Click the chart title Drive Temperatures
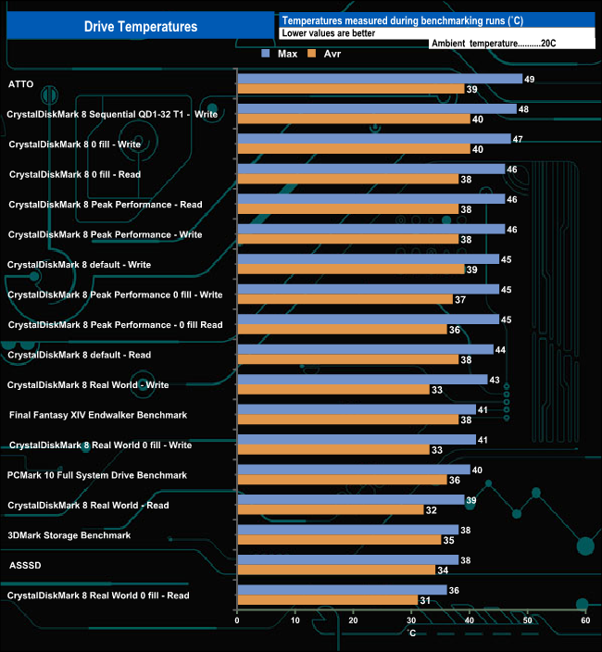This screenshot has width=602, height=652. pos(141,27)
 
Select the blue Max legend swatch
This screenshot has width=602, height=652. pos(266,54)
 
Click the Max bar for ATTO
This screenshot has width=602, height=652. pos(379,79)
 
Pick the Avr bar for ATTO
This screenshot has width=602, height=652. pos(350,89)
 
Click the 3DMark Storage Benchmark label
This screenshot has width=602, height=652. pos(69,535)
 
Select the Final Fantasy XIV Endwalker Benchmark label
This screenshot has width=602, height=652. pos(98,415)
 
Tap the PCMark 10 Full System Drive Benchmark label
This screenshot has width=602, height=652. pos(96,475)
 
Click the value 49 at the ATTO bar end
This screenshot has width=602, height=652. pos(529,79)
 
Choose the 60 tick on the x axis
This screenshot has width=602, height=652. pos(584,621)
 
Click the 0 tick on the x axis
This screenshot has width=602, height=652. pos(238,621)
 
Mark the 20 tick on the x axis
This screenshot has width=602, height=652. pos(354,621)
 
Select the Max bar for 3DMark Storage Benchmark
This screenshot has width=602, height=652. pos(347,530)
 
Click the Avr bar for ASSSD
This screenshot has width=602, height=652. pos(336,570)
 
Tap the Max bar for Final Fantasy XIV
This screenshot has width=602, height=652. pos(356,409)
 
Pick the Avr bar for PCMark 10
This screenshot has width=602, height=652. pos(342,480)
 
